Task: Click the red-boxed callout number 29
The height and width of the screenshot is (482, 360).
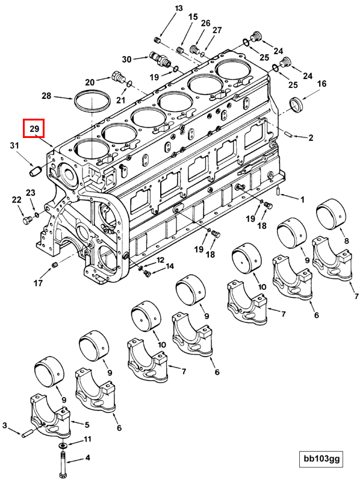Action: click(34, 128)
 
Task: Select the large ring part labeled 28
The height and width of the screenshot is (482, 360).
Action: click(92, 101)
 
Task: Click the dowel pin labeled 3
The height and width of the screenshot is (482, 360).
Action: click(27, 432)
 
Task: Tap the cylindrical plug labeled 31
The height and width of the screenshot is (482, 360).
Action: click(34, 172)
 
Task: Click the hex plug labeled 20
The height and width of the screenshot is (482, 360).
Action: click(117, 77)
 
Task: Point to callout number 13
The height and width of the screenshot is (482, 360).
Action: click(178, 8)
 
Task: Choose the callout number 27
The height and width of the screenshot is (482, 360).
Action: click(217, 30)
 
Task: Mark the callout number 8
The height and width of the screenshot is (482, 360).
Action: click(346, 241)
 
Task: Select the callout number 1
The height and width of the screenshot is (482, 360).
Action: click(302, 199)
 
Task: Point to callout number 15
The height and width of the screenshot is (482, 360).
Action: click(193, 17)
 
